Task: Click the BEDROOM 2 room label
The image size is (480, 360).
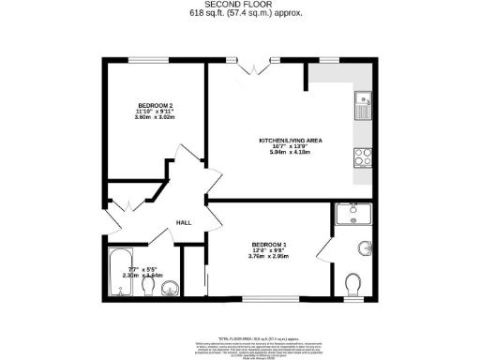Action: pos(154,104)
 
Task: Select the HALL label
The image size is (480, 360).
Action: pos(185,222)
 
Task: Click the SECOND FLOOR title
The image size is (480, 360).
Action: pos(240,6)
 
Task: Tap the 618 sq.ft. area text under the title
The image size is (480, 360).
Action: pos(240,14)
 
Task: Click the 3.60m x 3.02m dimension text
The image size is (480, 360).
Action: pos(154,118)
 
